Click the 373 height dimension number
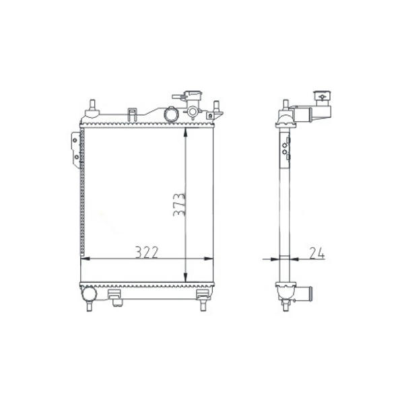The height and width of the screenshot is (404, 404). point(179,205)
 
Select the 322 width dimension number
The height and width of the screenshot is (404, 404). point(147,252)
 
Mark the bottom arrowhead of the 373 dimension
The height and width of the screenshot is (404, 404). point(186,277)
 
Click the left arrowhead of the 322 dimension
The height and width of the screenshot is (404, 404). point(86,259)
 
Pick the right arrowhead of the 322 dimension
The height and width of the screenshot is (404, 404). point(209,259)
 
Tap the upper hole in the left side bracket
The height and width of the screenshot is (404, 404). point(75,141)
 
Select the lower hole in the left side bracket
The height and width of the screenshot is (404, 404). point(76,157)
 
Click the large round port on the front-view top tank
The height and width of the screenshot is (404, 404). point(171,114)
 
